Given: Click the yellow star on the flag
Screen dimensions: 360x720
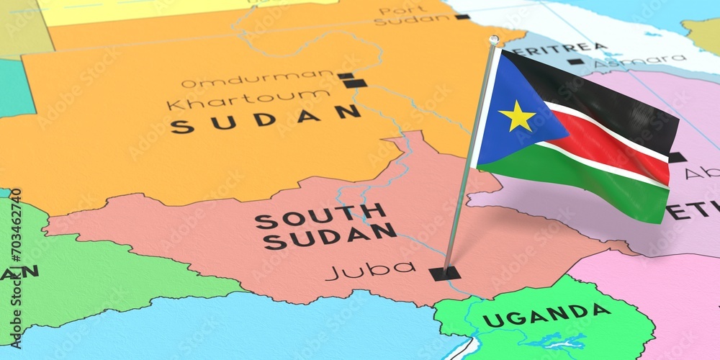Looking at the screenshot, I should click(517, 117).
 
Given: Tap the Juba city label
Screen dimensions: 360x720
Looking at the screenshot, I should click(370, 270).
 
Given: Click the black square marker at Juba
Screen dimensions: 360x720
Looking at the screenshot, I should click(444, 273).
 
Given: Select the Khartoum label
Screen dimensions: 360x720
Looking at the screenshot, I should click(248, 99).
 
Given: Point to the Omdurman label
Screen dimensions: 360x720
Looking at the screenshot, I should click(256, 78).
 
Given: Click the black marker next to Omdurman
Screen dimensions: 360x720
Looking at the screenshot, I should click(346, 75).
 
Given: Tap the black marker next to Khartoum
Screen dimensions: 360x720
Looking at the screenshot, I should click(355, 84).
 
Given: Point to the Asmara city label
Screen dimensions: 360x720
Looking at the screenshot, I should click(638, 60).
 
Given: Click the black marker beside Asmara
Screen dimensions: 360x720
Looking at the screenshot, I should click(575, 62).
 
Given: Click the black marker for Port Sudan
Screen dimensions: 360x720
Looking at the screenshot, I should click(462, 17).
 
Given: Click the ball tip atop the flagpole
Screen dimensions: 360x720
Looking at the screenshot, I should click(493, 40).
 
